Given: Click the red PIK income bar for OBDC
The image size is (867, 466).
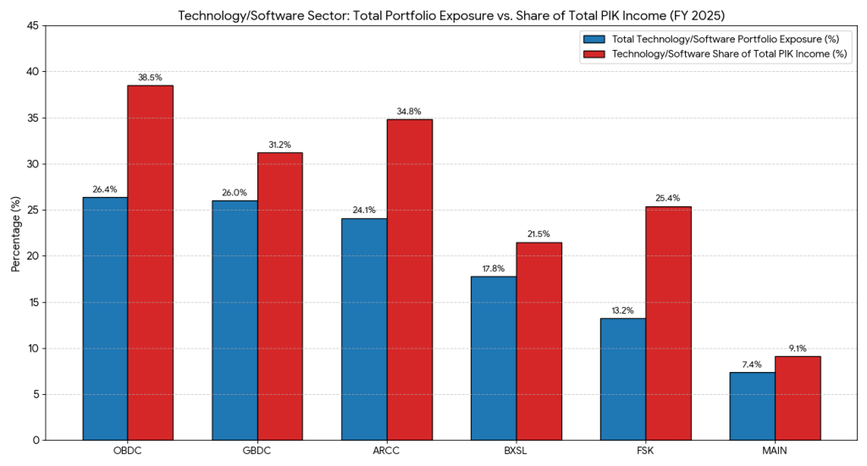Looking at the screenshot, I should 150,262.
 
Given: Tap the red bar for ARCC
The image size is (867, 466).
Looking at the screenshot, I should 410,279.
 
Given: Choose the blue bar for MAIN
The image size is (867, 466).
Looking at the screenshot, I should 754,406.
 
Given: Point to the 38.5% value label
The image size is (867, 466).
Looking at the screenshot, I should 150,77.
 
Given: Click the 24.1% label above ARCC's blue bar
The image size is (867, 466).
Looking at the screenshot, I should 364,211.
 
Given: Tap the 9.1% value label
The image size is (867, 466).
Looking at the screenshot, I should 798,348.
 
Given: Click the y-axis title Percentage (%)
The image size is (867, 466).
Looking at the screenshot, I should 16,233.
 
